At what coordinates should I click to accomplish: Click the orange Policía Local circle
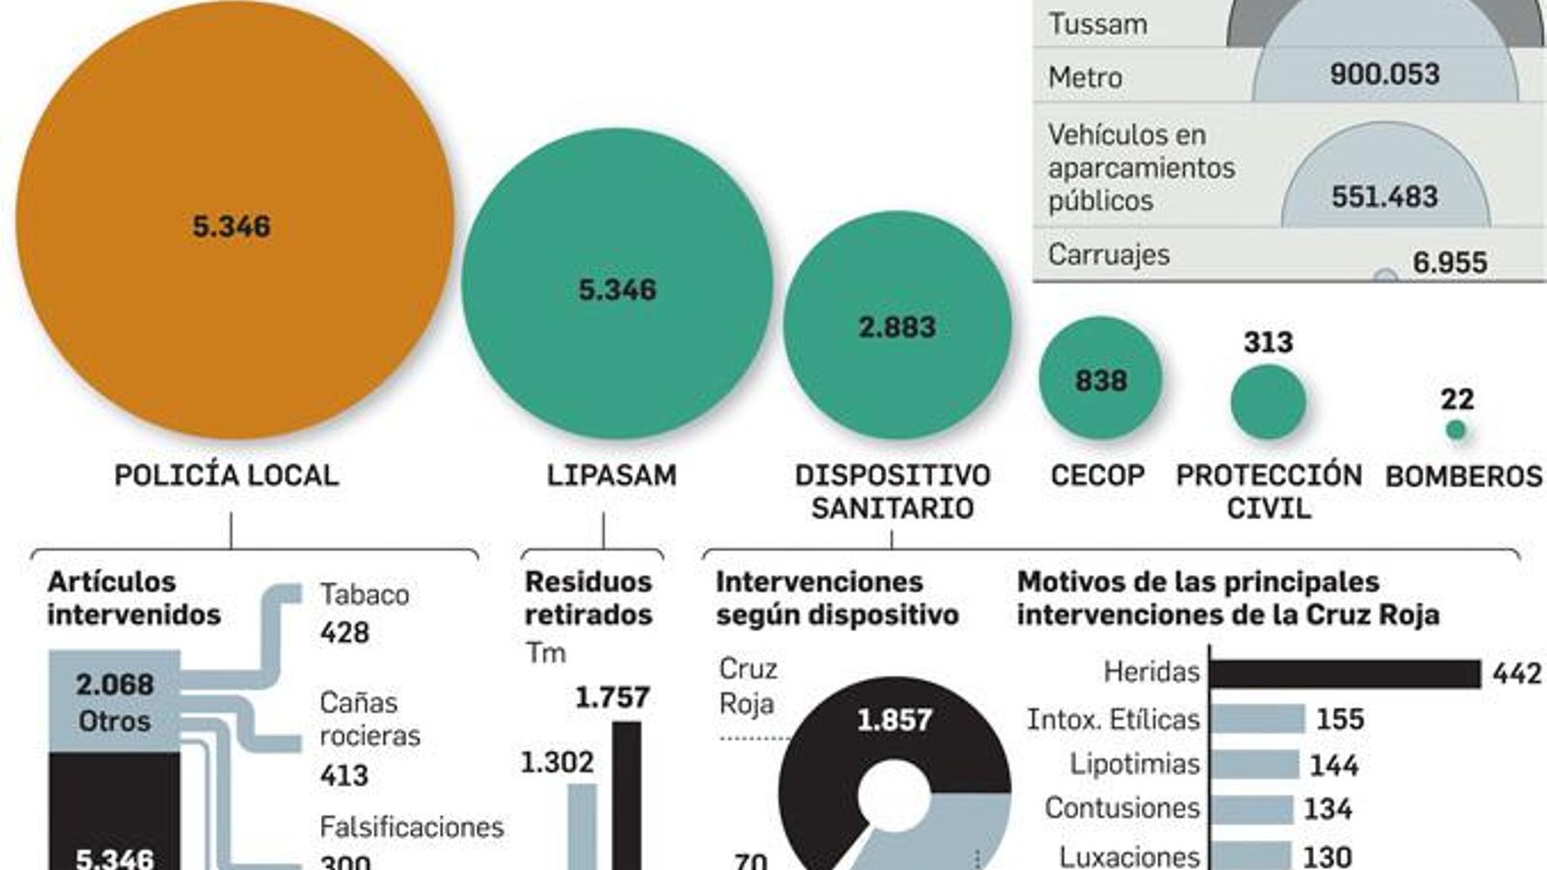pos(235,220)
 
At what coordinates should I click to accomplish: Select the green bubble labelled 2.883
pos(897,326)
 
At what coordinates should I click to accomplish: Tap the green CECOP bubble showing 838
pos(1100,379)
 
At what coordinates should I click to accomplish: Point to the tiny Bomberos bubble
pos(1456,430)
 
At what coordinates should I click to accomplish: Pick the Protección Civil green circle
pos(1268,402)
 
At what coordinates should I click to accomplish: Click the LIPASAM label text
pos(611,476)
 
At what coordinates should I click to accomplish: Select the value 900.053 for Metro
pos(1384,74)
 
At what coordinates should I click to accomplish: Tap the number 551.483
pos(1384,197)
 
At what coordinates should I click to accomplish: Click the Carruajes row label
pos(1108,254)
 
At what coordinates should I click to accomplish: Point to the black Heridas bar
pos(1344,674)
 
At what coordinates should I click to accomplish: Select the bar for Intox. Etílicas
pos(1257,719)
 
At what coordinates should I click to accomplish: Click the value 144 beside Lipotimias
pos(1333,766)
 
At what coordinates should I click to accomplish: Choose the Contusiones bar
pos(1251,809)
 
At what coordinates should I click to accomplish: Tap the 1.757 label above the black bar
pos(612,698)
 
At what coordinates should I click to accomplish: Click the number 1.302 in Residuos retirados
pos(557,763)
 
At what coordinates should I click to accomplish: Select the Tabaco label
pos(365,594)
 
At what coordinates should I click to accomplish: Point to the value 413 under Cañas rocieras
pos(344,775)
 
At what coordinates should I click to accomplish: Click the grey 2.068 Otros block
pos(114,702)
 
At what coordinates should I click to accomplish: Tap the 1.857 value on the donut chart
pos(894,720)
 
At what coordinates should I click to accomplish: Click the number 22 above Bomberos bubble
pos(1456,399)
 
